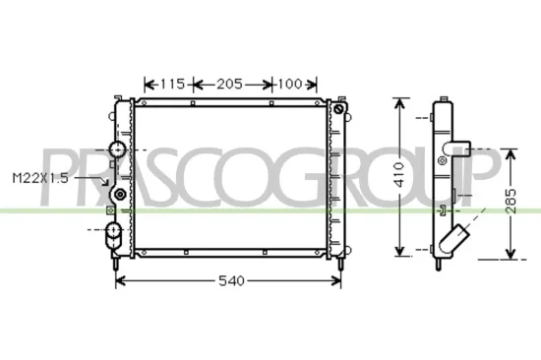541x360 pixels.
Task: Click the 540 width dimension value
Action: pos(229,282)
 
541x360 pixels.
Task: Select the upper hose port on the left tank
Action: pos(116,150)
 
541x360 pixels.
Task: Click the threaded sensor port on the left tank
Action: pos(120,196)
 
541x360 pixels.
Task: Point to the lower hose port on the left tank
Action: pos(113,233)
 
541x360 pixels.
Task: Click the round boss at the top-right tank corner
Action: pos(341,110)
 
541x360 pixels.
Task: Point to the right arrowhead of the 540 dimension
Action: pos(339,282)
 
